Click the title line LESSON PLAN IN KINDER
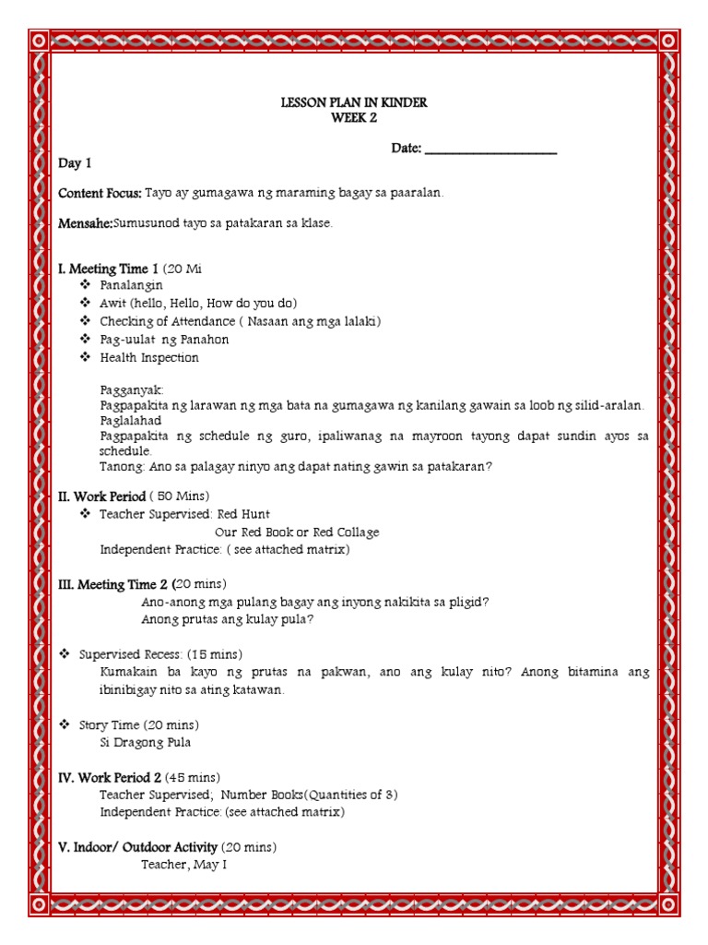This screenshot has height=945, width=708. (354, 102)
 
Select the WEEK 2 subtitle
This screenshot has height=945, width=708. (354, 117)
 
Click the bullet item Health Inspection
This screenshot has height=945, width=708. (149, 358)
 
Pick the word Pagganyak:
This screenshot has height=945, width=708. (132, 391)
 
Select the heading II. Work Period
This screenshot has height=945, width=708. (101, 496)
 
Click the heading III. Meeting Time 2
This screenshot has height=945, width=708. (114, 584)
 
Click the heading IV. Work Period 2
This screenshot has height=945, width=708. (110, 778)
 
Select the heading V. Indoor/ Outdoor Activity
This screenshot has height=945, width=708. (138, 847)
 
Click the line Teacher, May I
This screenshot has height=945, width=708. (183, 865)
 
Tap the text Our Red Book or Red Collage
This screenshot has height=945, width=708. (297, 532)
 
